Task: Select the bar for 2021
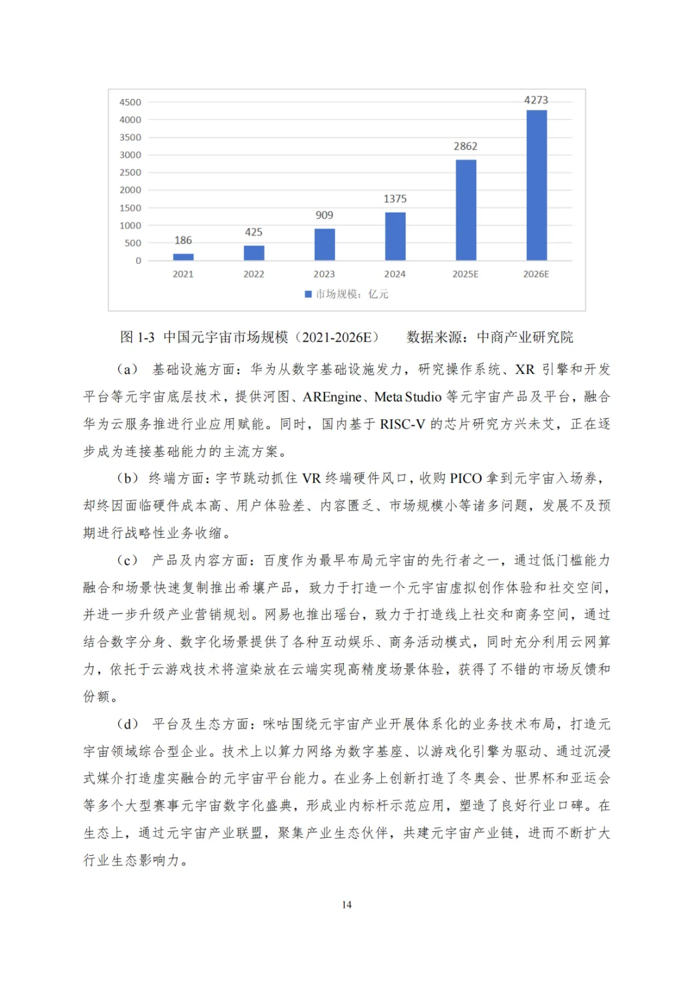coord(183,257)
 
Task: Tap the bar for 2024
coord(395,236)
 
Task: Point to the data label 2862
coord(465,146)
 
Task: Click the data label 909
coord(325,215)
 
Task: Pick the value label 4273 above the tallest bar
coord(536,100)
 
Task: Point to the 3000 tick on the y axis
coord(130,155)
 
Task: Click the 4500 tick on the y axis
coord(130,102)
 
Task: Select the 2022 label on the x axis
coord(254,274)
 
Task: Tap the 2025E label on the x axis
coord(465,274)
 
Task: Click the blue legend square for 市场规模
coord(308,294)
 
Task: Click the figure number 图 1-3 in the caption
coord(138,337)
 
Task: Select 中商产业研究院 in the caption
coord(525,337)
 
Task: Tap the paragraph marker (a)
coord(127,369)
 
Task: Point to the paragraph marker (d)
coord(127,724)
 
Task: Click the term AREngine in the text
coord(332,397)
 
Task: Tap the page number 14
coord(347,905)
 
